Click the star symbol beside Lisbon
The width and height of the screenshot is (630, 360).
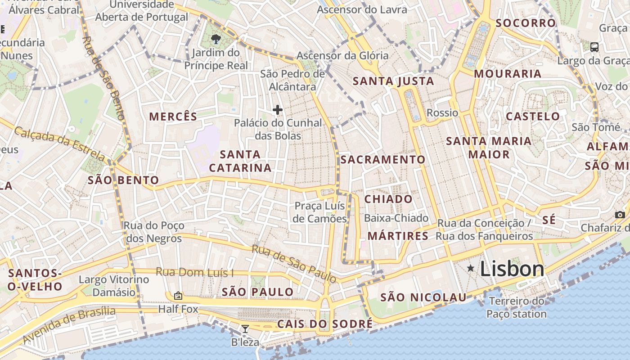pyautogui.click(x=471, y=269)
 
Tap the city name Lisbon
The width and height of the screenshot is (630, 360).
pyautogui.click(x=512, y=269)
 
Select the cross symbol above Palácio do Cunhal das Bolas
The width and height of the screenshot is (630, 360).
pyautogui.click(x=277, y=109)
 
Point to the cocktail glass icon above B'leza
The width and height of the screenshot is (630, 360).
pyautogui.click(x=245, y=329)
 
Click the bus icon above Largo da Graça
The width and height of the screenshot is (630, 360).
pyautogui.click(x=594, y=47)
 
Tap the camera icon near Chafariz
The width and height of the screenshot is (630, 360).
pyautogui.click(x=620, y=215)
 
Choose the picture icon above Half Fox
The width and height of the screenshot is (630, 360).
pyautogui.click(x=178, y=296)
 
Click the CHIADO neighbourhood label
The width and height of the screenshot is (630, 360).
pyautogui.click(x=388, y=199)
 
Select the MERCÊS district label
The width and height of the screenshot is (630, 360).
pyautogui.click(x=173, y=117)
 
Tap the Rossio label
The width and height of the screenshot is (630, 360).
pyautogui.click(x=442, y=112)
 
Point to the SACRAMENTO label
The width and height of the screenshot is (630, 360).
pyautogui.click(x=383, y=160)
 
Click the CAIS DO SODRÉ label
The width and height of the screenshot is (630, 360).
pyautogui.click(x=325, y=324)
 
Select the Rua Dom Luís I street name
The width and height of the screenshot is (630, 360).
pyautogui.click(x=195, y=272)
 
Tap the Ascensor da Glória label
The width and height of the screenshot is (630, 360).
pyautogui.click(x=342, y=56)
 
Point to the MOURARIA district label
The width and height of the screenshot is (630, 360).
pyautogui.click(x=508, y=74)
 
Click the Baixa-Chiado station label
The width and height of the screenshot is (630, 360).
pyautogui.click(x=396, y=218)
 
